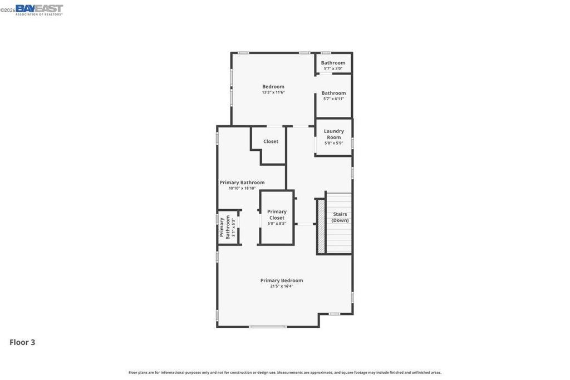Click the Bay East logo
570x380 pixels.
coord(40,10)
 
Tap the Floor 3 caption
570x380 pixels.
coord(22,342)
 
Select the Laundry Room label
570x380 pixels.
coord(334,134)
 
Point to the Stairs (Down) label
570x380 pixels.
coord(340,217)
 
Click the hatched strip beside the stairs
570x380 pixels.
coord(321,226)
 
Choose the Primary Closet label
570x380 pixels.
coord(277,215)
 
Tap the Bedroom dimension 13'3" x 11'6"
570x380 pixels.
coord(273,92)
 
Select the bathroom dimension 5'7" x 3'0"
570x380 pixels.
coord(333,68)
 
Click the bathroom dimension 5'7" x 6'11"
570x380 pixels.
coord(334,99)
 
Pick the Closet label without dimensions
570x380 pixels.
coord(271,141)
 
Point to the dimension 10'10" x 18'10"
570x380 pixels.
coord(242,188)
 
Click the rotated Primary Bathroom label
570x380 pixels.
coord(225,228)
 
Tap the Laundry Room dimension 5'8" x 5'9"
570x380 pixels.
coord(334,143)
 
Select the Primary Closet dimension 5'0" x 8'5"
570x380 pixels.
coord(277,224)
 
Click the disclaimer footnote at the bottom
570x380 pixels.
coord(285,372)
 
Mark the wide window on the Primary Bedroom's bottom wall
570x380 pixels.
coord(268,327)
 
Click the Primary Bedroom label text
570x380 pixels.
coord(282,280)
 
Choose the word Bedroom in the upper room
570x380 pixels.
coord(273,86)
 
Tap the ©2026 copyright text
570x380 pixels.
coord(8,10)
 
